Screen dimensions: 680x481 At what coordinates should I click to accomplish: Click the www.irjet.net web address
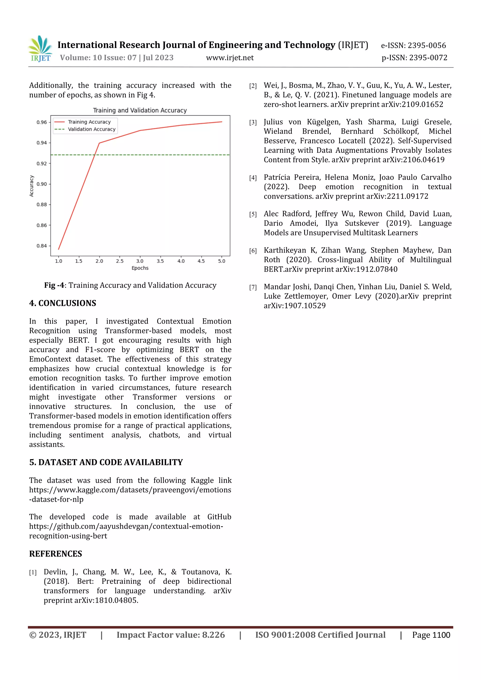230,58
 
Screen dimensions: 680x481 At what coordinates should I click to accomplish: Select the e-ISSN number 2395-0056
427,45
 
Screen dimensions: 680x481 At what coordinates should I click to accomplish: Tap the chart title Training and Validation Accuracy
140,110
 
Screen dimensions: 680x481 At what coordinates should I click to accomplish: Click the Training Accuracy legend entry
89,122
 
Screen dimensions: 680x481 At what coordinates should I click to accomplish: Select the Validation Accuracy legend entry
91,129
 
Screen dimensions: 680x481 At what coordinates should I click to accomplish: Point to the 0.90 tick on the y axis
42,184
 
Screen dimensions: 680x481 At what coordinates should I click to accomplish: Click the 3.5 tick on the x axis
160,261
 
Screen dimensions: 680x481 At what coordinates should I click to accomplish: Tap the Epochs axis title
140,268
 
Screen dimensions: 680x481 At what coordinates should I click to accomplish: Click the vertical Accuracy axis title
31,186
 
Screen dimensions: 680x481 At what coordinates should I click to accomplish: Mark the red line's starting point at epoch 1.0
59,249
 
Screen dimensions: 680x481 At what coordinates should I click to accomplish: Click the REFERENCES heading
55,553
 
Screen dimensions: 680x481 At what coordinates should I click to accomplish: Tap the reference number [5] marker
253,214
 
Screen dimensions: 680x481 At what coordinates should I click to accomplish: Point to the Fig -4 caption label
54,285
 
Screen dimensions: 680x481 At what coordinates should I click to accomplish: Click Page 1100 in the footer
431,635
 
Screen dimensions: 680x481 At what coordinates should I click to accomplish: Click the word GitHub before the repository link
219,517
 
